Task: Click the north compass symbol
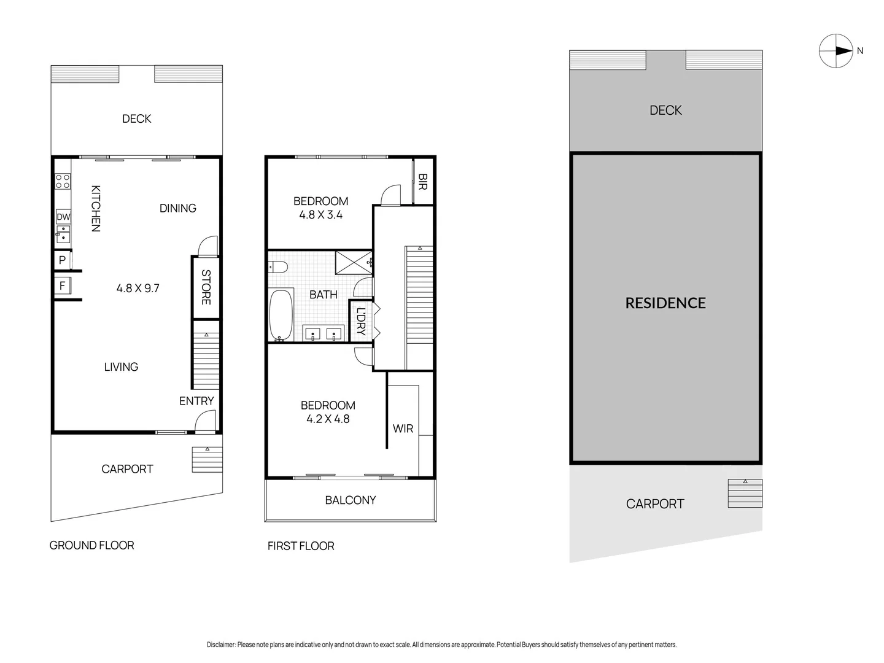[x=836, y=51]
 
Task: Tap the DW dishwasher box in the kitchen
[x=63, y=217]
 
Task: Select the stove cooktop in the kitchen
[x=63, y=181]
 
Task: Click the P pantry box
[x=62, y=260]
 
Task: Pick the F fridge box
[x=62, y=286]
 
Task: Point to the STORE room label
[x=206, y=287]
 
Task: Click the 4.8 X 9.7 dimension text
[x=138, y=288]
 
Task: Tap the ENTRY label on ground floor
[x=196, y=401]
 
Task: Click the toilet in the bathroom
[x=278, y=266]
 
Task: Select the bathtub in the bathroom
[x=281, y=315]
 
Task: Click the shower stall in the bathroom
[x=354, y=262]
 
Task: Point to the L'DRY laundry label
[x=360, y=320]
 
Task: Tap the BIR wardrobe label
[x=422, y=181]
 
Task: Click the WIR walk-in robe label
[x=403, y=428]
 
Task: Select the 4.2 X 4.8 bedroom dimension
[x=328, y=419]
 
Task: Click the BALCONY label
[x=350, y=500]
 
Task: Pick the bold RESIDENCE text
[x=665, y=303]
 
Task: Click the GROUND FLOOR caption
[x=91, y=545]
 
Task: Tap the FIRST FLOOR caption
[x=301, y=546]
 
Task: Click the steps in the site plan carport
[x=745, y=494]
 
